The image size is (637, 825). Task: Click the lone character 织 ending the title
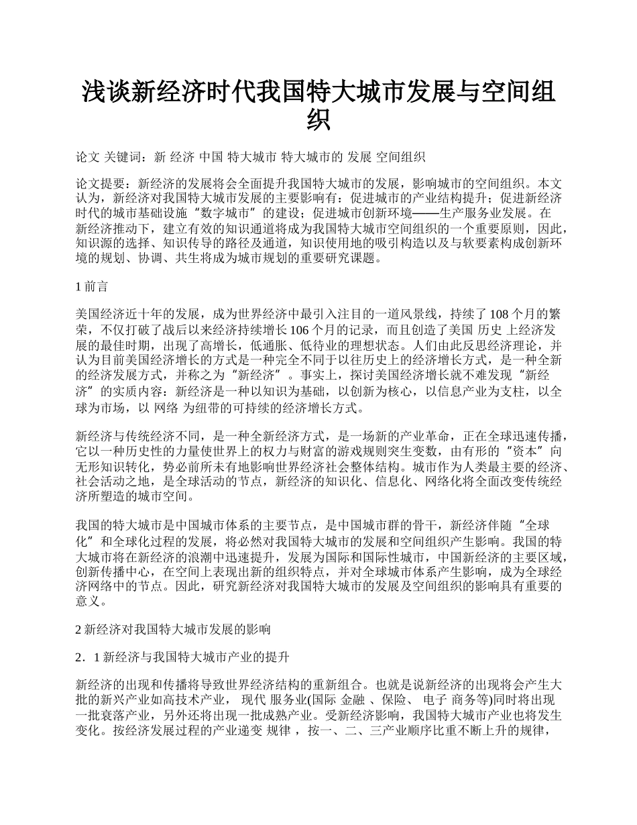coord(318,119)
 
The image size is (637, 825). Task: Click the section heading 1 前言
coord(93,287)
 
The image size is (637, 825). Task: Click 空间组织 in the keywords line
coord(400,158)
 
